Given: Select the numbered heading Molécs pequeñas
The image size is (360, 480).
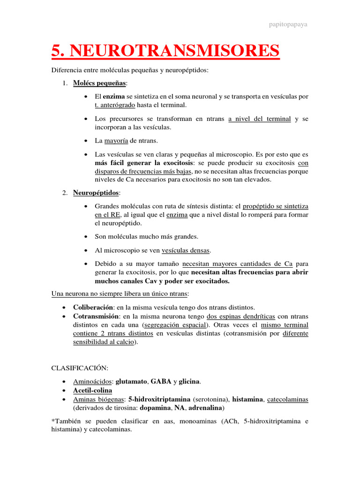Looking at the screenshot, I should [99, 83].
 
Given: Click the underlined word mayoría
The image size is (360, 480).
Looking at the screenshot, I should [117, 140].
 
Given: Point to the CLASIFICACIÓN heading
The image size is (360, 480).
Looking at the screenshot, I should [80, 368].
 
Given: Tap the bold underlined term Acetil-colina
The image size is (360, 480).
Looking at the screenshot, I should [92, 390].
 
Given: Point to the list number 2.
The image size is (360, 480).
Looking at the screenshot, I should [65, 193].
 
